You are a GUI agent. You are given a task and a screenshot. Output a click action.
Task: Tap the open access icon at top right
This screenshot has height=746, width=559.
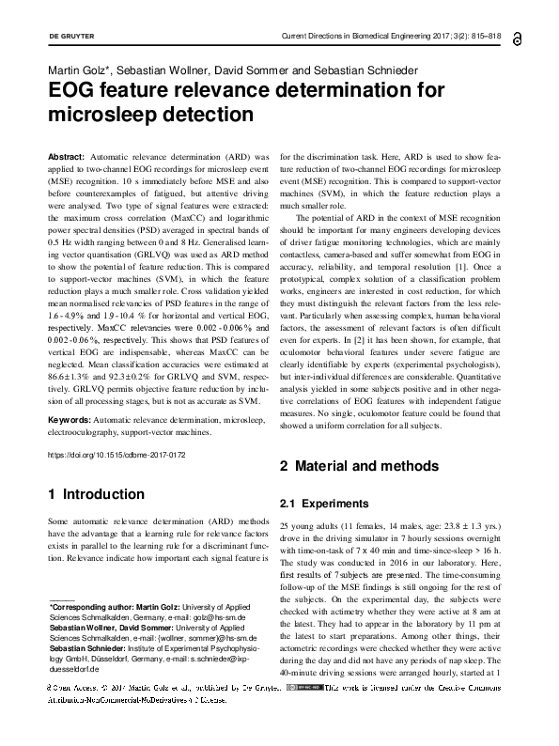point(519,38)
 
